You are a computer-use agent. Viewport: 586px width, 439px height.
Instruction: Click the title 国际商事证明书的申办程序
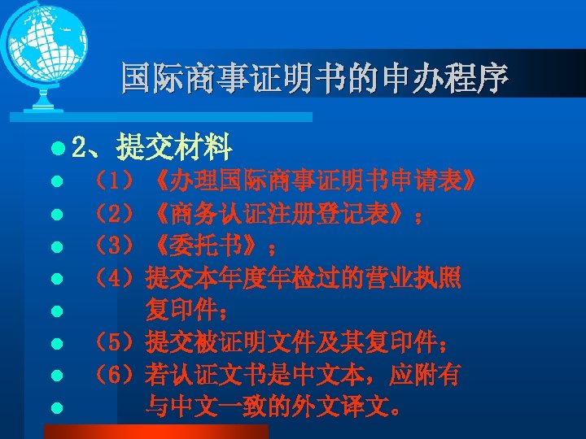pos(314,78)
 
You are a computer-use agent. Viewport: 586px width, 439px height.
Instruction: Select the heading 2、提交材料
pos(152,147)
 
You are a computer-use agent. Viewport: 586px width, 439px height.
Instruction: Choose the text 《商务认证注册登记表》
pos(277,213)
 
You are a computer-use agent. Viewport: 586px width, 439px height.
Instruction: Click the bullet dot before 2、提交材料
pos(55,149)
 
